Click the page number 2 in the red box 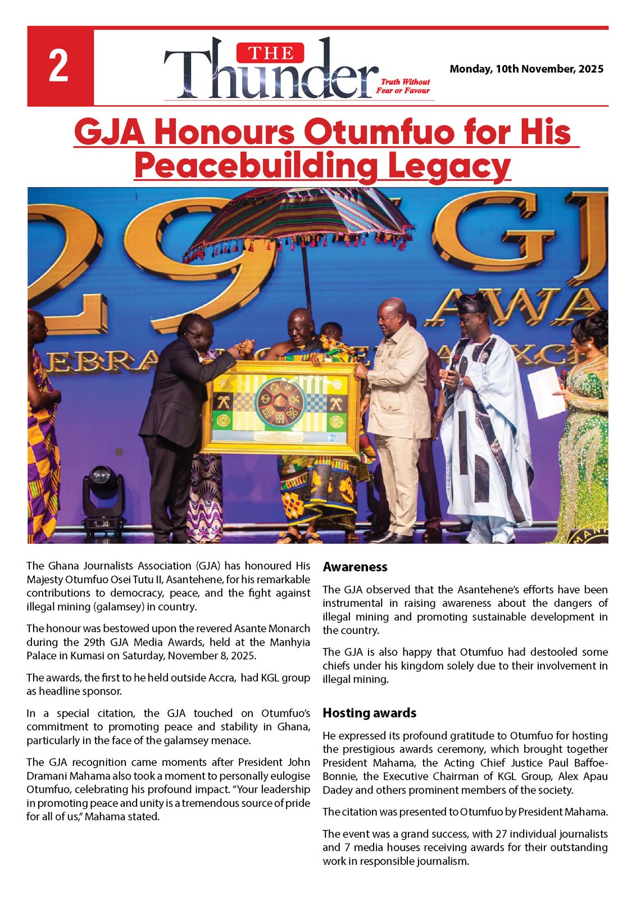pos(59,66)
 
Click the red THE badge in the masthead pos(271,53)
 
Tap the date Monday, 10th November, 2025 pos(526,69)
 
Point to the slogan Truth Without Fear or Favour pos(403,86)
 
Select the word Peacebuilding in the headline pos(256,166)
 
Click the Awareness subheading pos(355,567)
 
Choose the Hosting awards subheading pos(369,713)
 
